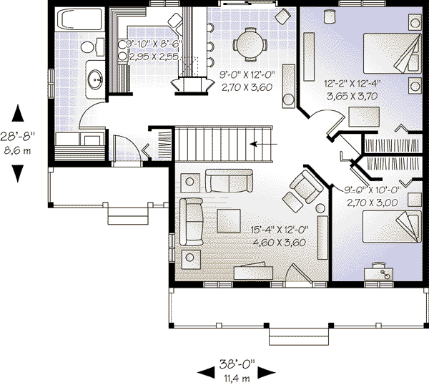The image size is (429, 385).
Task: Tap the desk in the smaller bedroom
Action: [380, 270]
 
